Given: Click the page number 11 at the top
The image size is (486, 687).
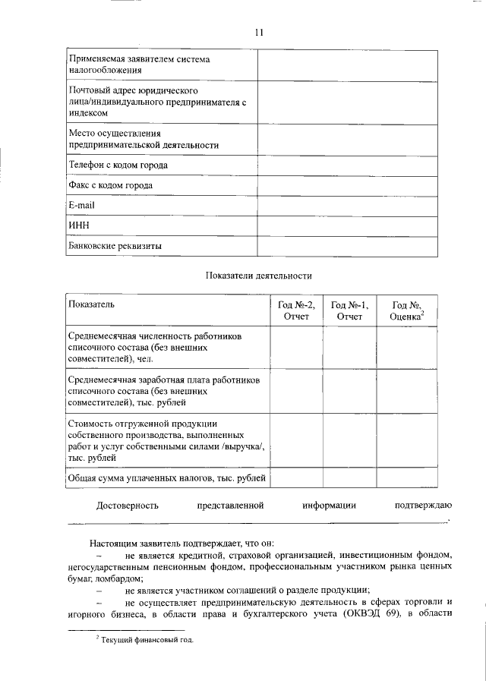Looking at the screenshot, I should pos(259,32).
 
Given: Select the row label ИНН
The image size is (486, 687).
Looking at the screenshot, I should pos(79,226).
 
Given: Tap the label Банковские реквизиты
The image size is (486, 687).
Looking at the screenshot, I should pos(115,246).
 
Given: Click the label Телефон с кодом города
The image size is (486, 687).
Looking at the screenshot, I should pos(118,165).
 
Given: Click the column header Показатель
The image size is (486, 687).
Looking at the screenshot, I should pos(91,304).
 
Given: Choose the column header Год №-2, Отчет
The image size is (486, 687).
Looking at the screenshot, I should pos(296,310).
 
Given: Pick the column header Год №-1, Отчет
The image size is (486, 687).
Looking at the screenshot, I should pos(349,310).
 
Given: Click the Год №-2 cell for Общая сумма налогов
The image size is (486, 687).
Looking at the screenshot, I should pos(296,477).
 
